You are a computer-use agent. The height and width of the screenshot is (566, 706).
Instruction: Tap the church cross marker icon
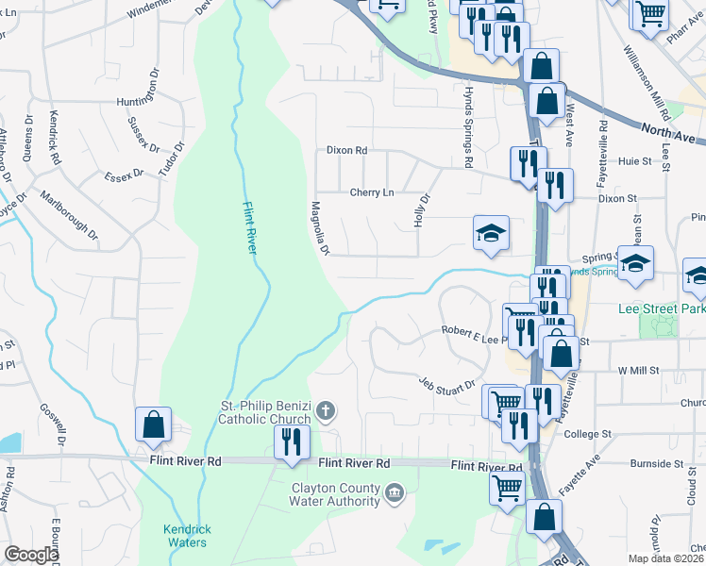[325, 411]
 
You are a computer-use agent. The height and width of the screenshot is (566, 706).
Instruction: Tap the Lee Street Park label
[661, 308]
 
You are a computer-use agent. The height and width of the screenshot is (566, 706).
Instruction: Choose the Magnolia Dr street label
[320, 227]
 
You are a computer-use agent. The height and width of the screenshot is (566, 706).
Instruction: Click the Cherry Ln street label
[372, 192]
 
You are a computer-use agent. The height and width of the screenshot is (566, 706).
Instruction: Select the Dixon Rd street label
[346, 150]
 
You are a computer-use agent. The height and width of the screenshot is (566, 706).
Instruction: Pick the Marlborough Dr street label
[69, 216]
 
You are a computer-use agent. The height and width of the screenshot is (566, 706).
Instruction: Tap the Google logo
[30, 555]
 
